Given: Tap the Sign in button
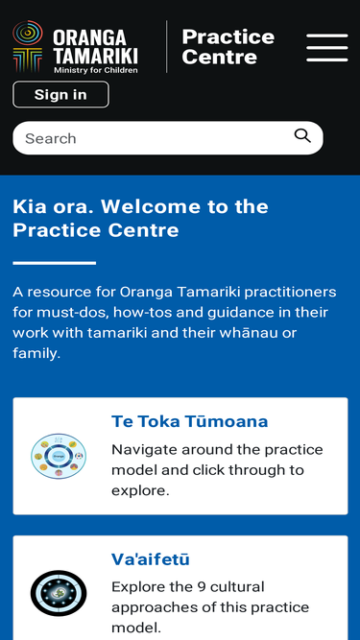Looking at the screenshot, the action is click(x=60, y=94).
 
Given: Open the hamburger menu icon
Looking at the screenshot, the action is click(x=327, y=48).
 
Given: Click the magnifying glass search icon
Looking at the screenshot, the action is click(x=302, y=136).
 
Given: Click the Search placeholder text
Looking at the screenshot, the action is click(x=51, y=138).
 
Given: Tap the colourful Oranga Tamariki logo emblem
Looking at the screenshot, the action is click(x=28, y=46).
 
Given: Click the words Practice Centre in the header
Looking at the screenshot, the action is click(x=228, y=47).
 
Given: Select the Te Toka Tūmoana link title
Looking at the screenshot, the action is click(x=190, y=421).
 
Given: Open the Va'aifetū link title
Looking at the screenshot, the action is click(x=151, y=559).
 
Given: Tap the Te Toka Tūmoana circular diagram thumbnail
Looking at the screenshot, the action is click(x=59, y=456).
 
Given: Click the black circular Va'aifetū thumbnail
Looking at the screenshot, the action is click(x=59, y=594).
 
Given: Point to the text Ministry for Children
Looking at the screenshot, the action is click(x=95, y=70).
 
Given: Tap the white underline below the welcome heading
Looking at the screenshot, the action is click(x=55, y=263).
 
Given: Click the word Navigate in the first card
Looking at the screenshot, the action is click(x=145, y=450).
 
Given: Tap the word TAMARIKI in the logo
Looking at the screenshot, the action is click(x=95, y=55).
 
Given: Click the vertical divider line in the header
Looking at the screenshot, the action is click(x=166, y=46).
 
